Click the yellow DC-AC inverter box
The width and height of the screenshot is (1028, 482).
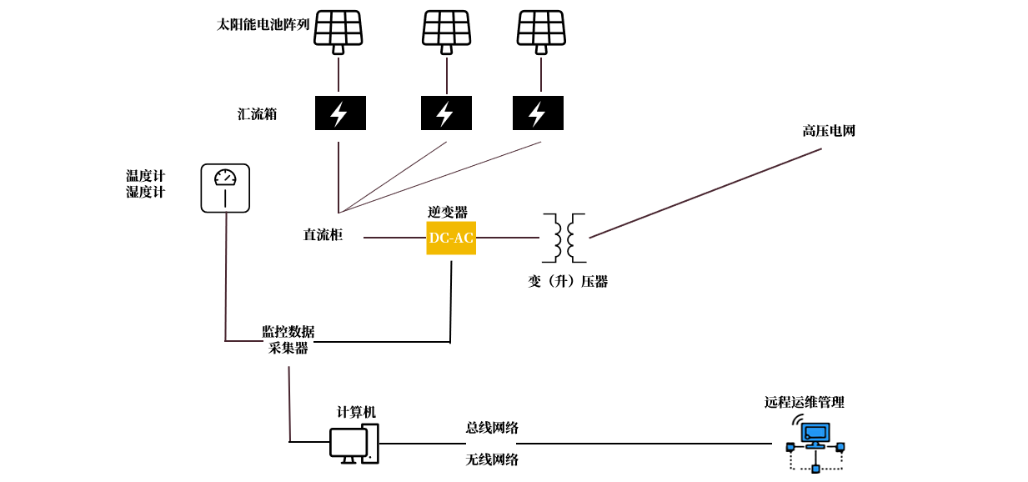(451, 238)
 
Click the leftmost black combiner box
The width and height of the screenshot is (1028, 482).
(340, 113)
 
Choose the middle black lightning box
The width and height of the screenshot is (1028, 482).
(446, 113)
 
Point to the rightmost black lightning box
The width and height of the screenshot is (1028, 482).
(538, 113)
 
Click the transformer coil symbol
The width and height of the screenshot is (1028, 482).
(564, 238)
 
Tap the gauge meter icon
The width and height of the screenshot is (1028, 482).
(225, 188)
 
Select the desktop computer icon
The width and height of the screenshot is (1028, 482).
(354, 444)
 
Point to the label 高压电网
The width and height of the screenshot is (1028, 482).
(829, 131)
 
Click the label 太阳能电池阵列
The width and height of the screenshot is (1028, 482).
(263, 25)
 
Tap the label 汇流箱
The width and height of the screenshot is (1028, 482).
(257, 114)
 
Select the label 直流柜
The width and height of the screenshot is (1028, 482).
(323, 235)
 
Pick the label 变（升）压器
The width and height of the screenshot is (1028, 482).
(568, 282)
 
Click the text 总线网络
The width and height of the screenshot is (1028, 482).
(492, 428)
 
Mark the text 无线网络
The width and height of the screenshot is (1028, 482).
(492, 459)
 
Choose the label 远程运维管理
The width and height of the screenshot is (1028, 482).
(805, 402)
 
